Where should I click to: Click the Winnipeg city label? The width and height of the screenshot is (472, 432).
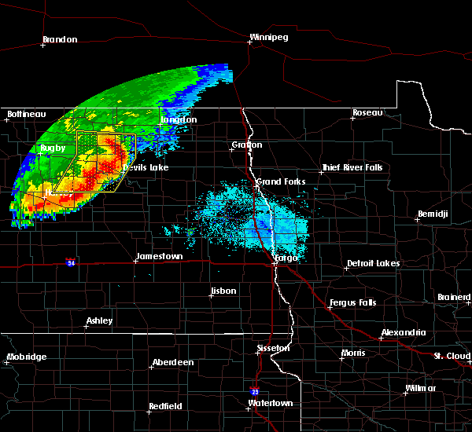[270, 37]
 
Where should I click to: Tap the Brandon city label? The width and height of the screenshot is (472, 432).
[60, 39]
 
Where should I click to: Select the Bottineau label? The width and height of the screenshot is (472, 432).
[27, 115]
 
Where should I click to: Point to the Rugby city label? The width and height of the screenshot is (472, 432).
[53, 148]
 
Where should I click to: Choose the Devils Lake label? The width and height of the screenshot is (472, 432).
[145, 168]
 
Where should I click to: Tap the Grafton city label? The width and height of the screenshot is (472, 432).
[246, 145]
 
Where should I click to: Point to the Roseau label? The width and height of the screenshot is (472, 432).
[367, 113]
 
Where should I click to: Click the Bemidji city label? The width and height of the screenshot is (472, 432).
[433, 214]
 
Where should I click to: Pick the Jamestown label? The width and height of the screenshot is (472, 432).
[159, 257]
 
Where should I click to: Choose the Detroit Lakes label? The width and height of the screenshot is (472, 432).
[373, 263]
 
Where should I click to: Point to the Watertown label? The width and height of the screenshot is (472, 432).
[271, 403]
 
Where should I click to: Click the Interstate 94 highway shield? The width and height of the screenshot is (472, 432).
[72, 263]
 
